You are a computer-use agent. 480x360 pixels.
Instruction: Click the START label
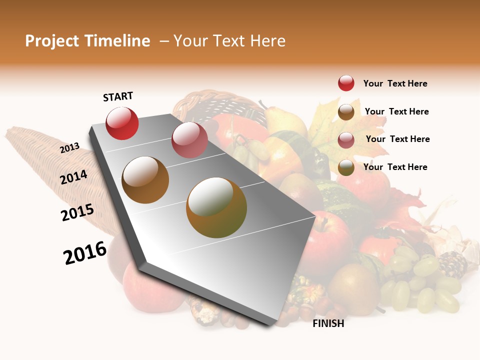pos(118,96)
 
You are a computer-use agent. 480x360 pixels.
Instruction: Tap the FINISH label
pos(328,323)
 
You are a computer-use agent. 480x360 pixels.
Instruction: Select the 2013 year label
pos(69,147)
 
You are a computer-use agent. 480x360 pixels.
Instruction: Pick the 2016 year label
pos(85,253)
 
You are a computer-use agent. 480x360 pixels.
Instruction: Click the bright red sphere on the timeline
pos(122,123)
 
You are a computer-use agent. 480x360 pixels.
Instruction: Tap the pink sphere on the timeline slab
pos(189,139)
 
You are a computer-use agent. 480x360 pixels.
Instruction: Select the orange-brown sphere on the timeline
pos(145,180)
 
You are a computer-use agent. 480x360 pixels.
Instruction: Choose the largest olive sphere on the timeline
pos(216,207)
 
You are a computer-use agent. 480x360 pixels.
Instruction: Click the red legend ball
pos(346,83)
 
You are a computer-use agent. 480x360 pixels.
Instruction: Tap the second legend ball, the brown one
pos(346,111)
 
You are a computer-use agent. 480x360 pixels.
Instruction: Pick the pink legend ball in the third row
pos(346,139)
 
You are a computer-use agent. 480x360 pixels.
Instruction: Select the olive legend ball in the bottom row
pos(346,167)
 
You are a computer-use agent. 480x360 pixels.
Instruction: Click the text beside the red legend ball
pos(395,83)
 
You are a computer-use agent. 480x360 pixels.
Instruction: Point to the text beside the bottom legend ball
pos(395,167)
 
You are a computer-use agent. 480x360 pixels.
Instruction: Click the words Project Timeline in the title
pos(87,41)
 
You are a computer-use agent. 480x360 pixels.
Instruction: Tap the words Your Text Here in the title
pos(229,41)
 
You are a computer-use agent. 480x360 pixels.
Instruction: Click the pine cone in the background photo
pos(453,264)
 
